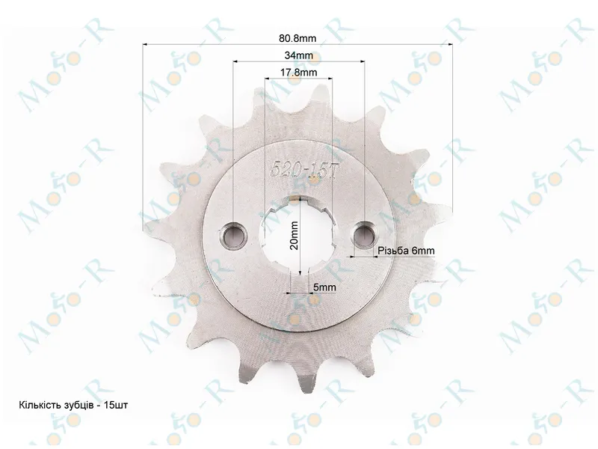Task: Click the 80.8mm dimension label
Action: [298, 38]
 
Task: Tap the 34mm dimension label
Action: [298, 55]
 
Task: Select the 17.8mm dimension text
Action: [298, 72]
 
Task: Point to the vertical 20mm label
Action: [294, 235]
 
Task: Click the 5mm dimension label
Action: [324, 287]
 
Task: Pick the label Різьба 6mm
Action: [406, 251]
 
